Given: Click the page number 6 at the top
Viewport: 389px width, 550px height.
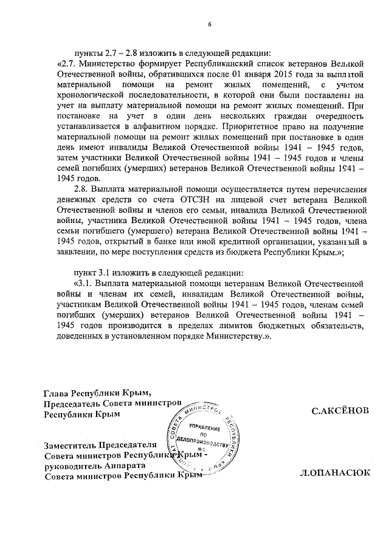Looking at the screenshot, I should pyautogui.click(x=208, y=24).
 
